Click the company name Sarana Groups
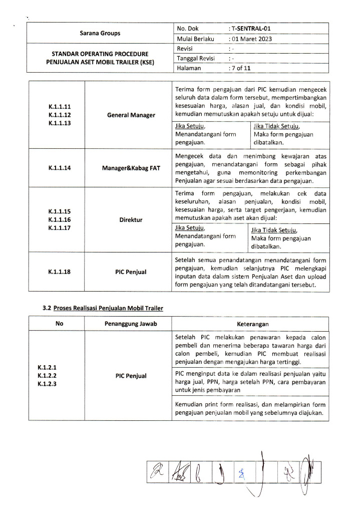[100, 34]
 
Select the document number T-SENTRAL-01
[252, 29]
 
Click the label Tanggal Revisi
[196, 59]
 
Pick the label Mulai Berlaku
[196, 39]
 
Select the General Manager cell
[131, 115]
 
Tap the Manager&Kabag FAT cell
[131, 168]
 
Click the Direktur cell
[131, 220]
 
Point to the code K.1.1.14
[60, 168]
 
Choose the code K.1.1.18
[60, 272]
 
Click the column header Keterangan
[250, 324]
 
